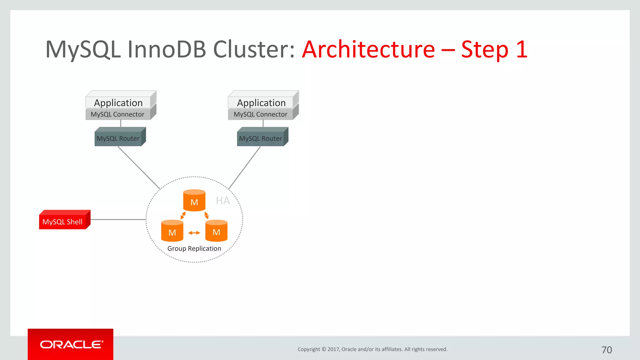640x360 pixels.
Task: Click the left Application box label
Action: point(118,103)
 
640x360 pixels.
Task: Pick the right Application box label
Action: point(261,103)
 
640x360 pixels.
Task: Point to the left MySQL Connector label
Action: point(117,114)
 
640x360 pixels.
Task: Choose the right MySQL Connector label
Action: point(260,114)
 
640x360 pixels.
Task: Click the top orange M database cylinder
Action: point(194,201)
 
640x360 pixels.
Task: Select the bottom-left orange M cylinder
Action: point(172,231)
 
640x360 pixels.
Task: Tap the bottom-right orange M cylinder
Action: point(216,231)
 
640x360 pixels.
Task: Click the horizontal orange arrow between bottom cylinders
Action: point(194,233)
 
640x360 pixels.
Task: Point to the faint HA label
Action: point(223,201)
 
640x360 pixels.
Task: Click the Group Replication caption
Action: point(194,248)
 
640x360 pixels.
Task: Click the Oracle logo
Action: point(71,344)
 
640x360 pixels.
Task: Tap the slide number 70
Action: point(607,350)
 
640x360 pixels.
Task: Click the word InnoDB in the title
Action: point(167,49)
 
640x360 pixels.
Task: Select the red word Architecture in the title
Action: point(368,49)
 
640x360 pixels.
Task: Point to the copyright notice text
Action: point(372,349)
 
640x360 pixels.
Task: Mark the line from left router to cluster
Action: point(139,168)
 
